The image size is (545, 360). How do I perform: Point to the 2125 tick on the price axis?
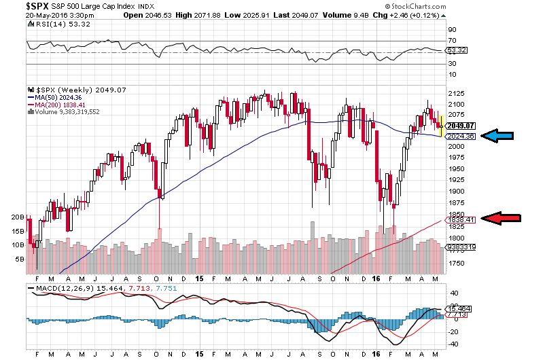(x=455, y=93)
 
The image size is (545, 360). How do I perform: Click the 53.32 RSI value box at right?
(x=455, y=51)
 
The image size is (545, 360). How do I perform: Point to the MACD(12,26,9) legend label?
(x=65, y=289)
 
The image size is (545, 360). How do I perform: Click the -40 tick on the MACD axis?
(x=453, y=344)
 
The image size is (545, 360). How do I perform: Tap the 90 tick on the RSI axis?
(x=451, y=30)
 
